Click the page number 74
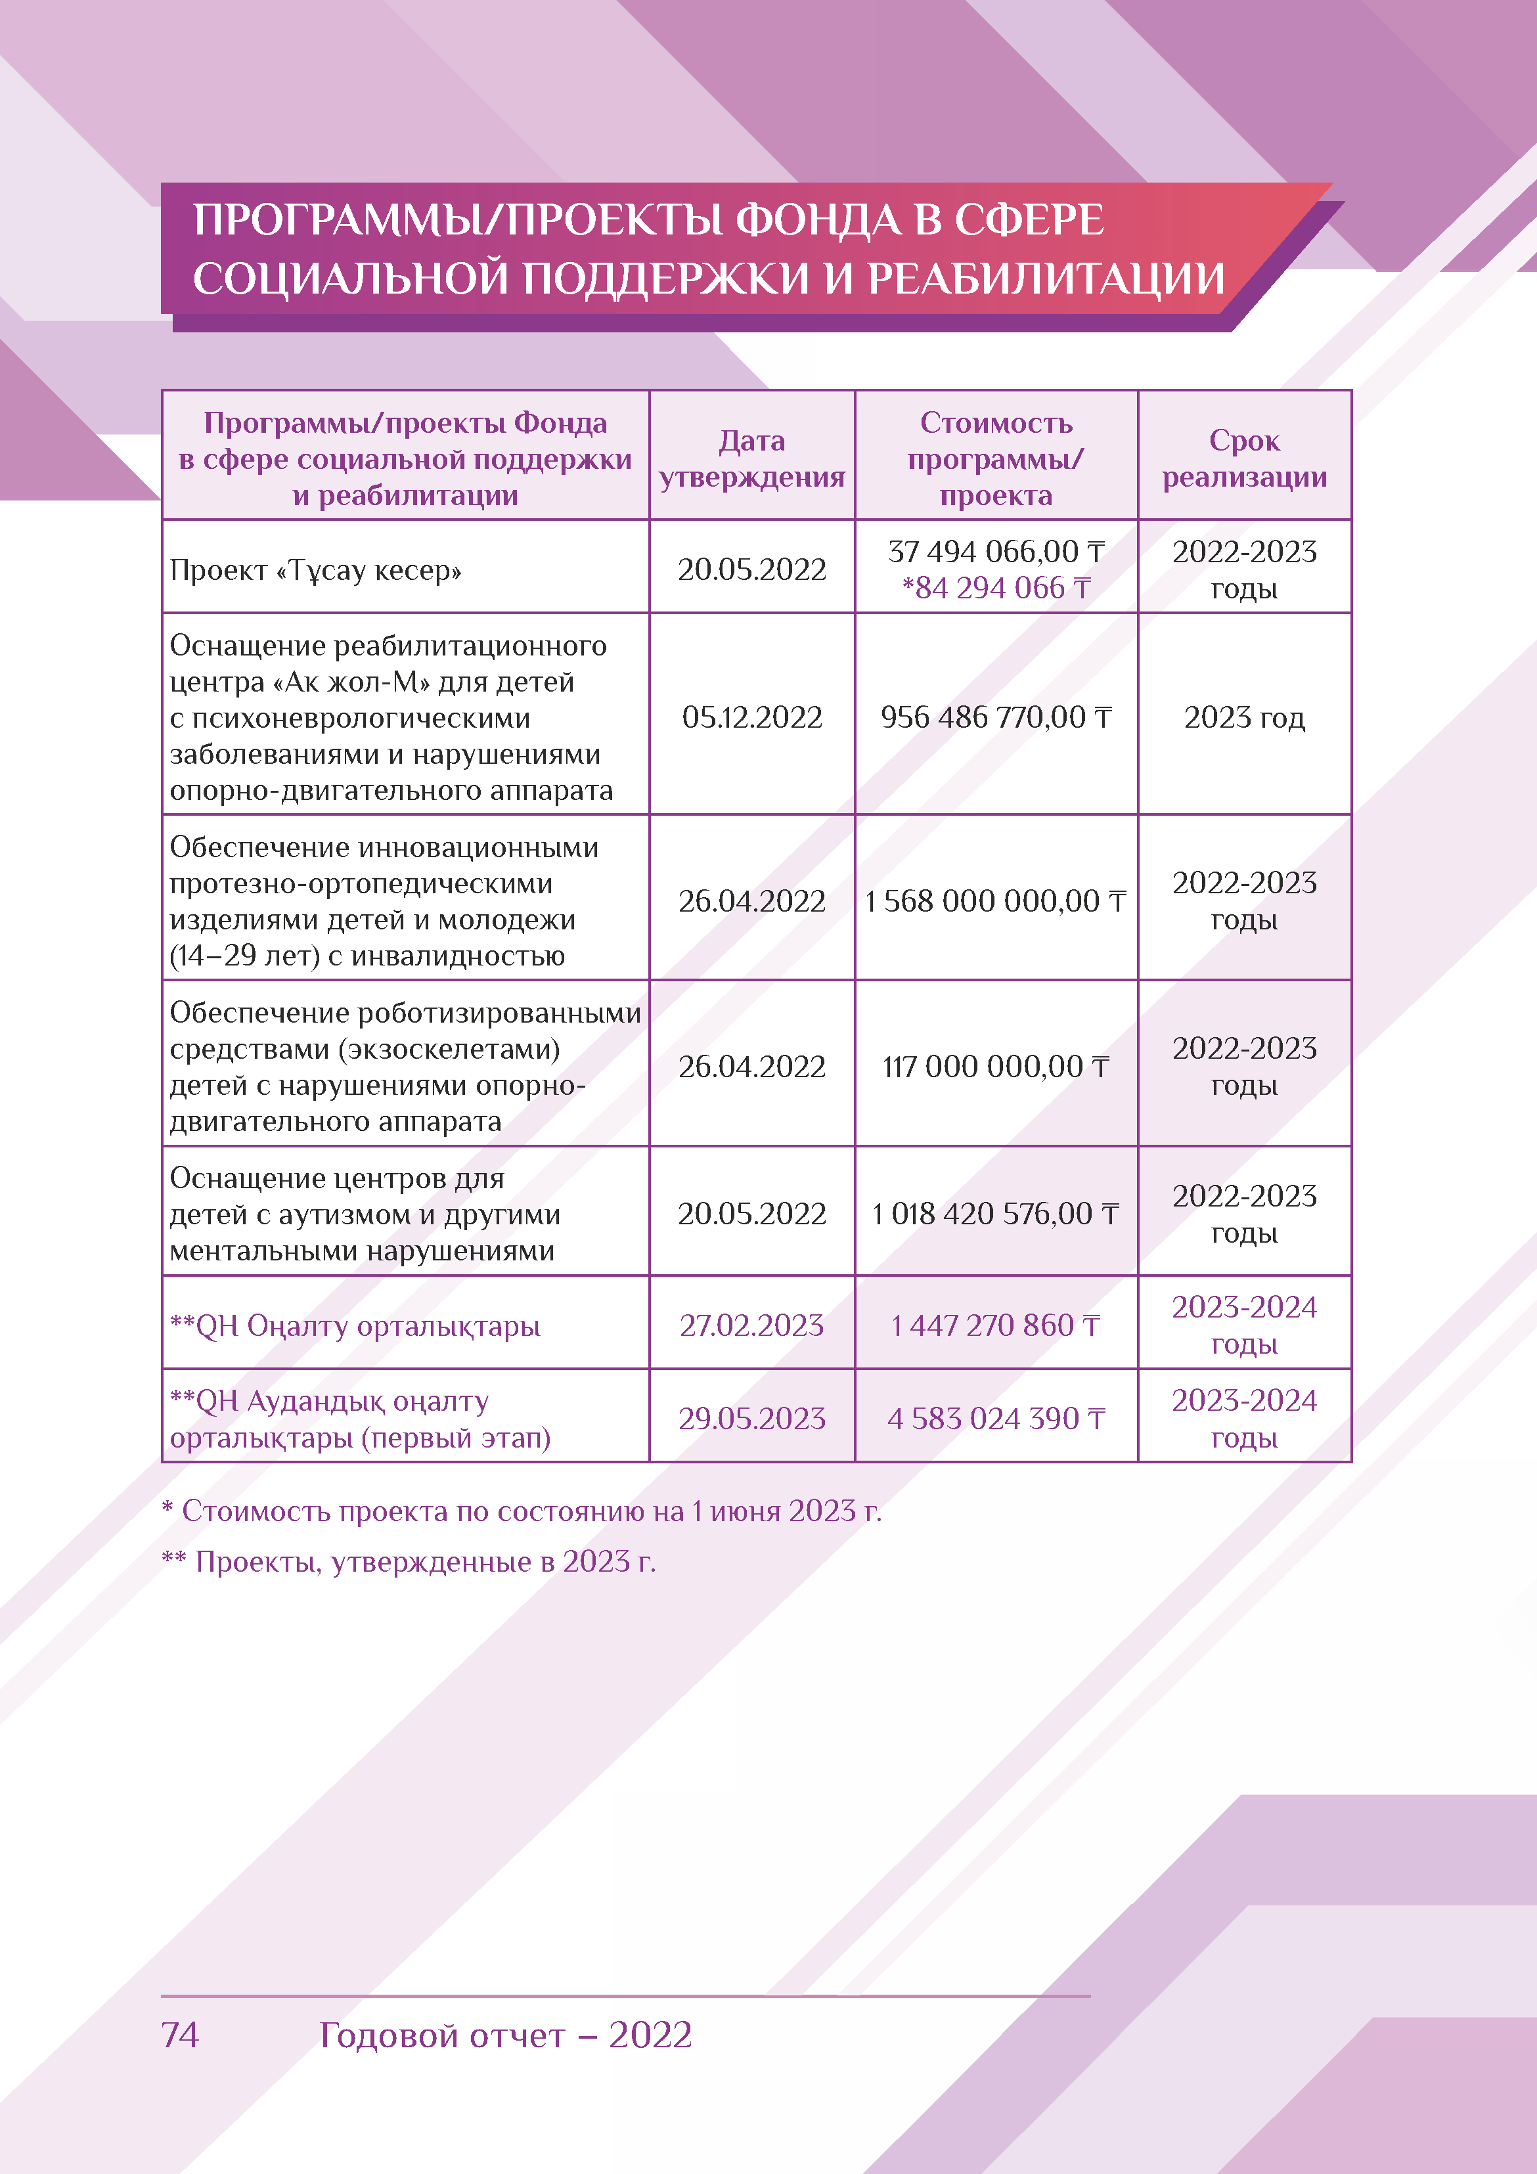180,2034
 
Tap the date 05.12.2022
752,718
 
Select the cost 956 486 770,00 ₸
995,718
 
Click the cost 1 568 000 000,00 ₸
995,900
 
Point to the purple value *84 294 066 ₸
995,588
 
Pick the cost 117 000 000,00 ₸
995,1067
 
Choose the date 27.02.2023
752,1325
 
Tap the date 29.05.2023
752,1419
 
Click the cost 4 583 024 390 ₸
995,1419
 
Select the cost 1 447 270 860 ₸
995,1325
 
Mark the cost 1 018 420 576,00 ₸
995,1214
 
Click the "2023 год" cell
1243,718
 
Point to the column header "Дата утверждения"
752,459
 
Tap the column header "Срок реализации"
1243,459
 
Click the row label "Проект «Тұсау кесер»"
315,570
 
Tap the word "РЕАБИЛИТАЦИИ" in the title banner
1046,279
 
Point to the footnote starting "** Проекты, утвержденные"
409,1561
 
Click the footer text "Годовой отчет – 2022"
506,2034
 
